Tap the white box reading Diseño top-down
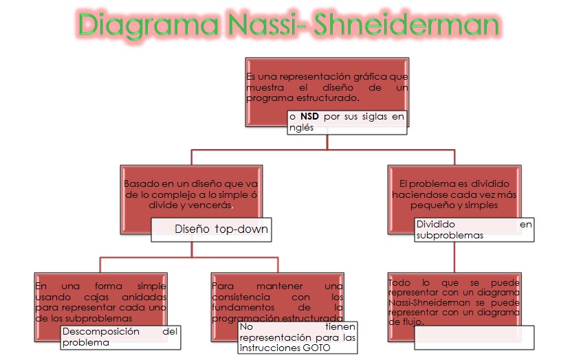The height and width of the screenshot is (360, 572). [x=211, y=229]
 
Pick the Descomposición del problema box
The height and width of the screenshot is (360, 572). [x=120, y=337]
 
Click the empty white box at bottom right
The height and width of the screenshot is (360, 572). [x=474, y=335]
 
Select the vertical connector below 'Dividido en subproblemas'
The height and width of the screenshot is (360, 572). [x=454, y=258]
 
